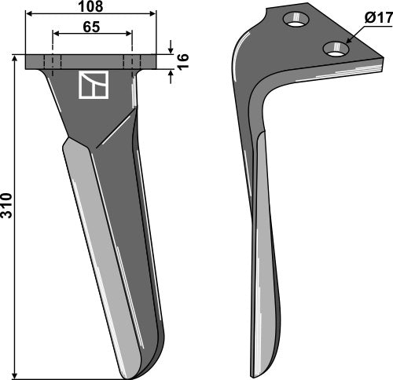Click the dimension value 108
point(91,7)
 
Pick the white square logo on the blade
point(92,86)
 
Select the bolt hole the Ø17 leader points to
point(339,49)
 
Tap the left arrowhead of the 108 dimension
point(28,13)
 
